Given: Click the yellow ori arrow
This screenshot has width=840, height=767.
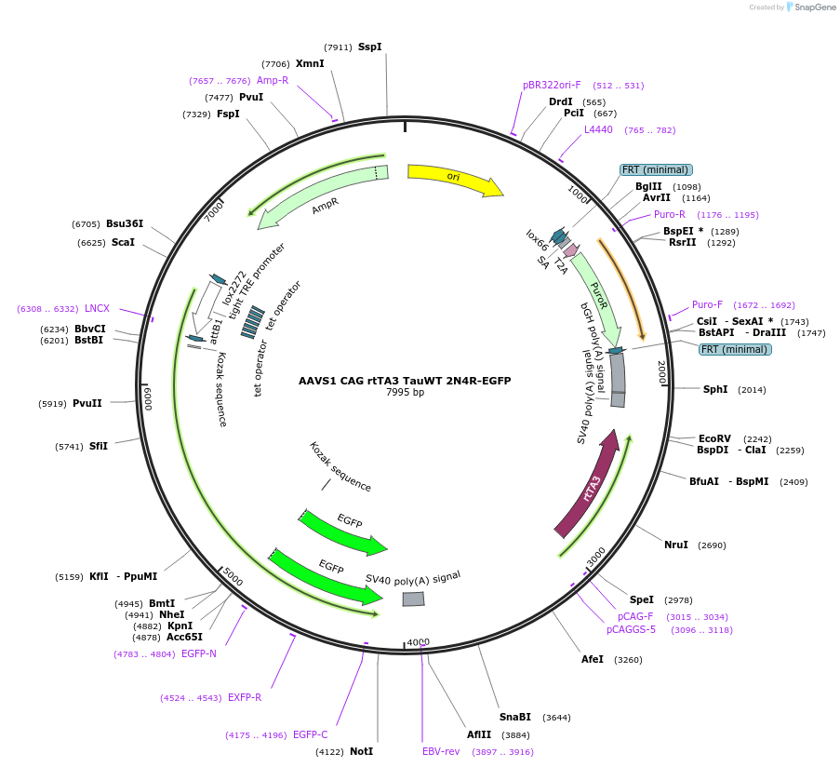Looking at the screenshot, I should [454, 179].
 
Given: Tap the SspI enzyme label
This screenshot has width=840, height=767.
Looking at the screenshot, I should [369, 47].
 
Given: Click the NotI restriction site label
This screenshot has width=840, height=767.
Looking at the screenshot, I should [361, 751].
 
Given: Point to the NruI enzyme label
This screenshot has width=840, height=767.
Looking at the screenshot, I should [675, 545].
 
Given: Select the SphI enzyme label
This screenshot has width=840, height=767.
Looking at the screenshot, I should [715, 389].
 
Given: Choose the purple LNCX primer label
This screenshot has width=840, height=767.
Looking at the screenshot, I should [97, 308].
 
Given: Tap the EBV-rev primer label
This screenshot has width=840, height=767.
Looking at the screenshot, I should [441, 751].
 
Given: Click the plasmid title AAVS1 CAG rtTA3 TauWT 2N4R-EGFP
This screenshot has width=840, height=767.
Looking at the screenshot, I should [405, 381].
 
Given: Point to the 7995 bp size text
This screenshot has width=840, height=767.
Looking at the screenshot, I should [405, 393].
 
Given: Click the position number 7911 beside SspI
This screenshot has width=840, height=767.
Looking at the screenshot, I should [338, 47].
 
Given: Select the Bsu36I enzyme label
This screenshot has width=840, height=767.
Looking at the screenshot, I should [125, 223].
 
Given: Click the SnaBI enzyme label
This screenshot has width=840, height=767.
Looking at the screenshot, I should [514, 717].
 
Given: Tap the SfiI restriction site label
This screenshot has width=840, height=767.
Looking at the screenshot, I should [99, 446].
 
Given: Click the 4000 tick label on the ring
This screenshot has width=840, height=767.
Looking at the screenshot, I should [418, 642].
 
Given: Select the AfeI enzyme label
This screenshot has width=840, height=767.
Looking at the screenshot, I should [593, 659].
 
